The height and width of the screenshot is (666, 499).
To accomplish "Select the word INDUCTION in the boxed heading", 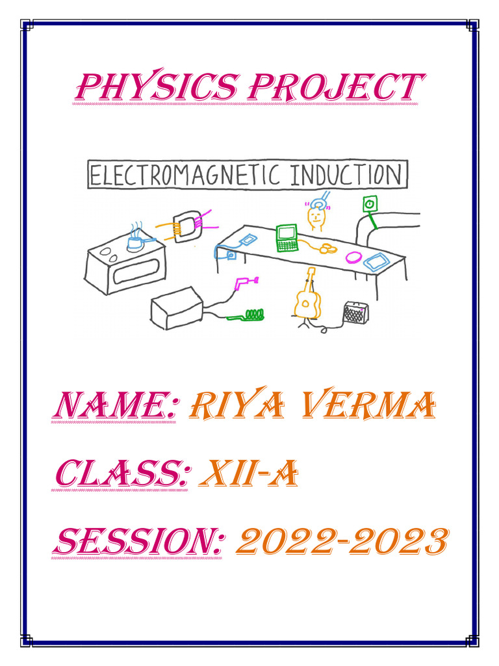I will tap(346, 176).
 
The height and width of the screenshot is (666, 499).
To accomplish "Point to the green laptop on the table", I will tap(287, 237).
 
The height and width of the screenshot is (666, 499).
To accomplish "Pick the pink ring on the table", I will tap(354, 256).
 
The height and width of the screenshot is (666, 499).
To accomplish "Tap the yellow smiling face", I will tap(316, 217).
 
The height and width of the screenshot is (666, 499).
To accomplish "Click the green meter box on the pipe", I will tap(369, 205).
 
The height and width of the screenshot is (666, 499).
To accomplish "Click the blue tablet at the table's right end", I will tap(376, 262).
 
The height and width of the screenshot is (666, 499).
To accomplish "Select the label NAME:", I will tap(114, 408).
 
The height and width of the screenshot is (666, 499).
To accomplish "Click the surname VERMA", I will tap(378, 408).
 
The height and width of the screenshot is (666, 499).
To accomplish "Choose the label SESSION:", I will tap(138, 542).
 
